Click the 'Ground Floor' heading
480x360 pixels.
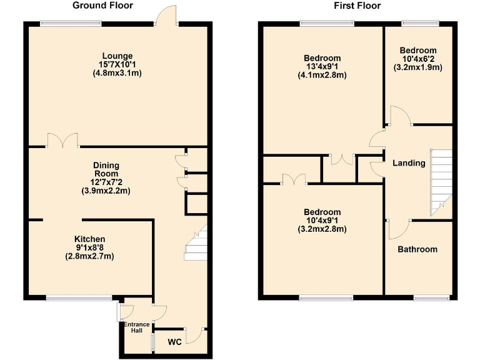[102, 6]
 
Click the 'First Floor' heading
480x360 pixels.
[357, 6]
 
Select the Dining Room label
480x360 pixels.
[106, 169]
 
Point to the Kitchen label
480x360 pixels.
[90, 239]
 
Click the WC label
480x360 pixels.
[174, 342]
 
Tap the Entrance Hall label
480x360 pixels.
[136, 327]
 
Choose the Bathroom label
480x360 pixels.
[417, 249]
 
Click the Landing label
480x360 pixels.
[409, 163]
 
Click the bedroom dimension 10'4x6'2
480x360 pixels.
[418, 59]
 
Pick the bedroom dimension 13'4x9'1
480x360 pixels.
[322, 66]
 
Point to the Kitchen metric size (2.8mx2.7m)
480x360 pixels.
[90, 256]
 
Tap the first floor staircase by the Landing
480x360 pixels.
[441, 181]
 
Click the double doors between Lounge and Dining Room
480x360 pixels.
[62, 140]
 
